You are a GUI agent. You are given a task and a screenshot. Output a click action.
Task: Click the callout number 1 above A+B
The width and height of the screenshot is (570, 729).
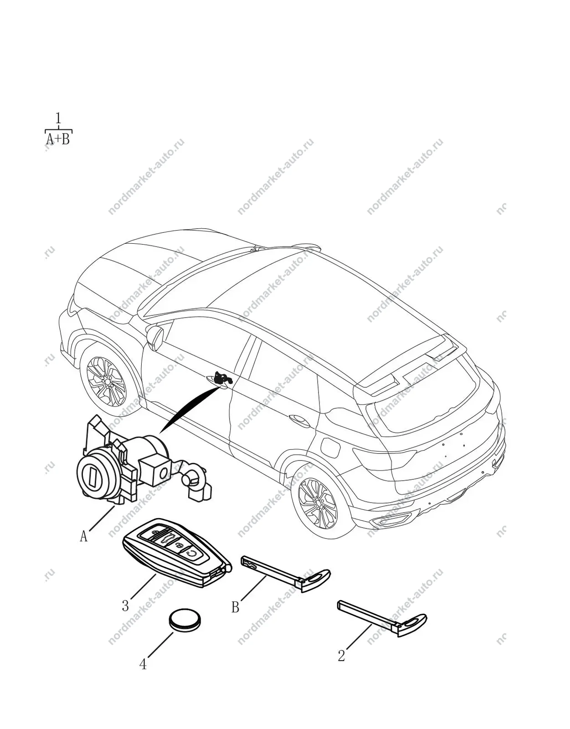tap(58, 118)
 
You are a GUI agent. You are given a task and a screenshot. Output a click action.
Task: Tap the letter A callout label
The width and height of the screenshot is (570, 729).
tap(83, 536)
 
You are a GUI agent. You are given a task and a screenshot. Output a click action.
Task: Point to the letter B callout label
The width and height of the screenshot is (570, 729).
tap(235, 607)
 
